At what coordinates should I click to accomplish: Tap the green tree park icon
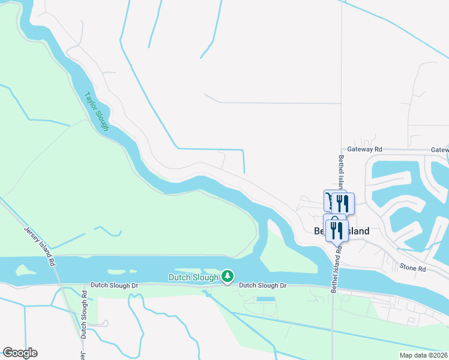[227, 277]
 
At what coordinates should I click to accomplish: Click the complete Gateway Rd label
[364, 149]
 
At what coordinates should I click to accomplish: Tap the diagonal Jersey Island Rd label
[40, 246]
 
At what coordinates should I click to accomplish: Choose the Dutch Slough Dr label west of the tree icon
[114, 286]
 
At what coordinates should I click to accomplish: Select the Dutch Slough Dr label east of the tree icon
[263, 286]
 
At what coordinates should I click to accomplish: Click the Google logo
[20, 352]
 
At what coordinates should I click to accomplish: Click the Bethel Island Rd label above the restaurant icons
[341, 171]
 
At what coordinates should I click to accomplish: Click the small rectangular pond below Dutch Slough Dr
[265, 299]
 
